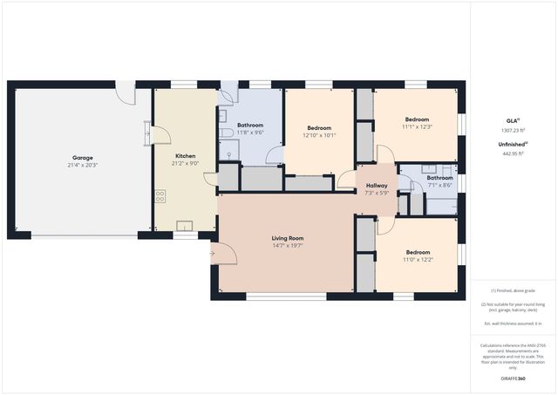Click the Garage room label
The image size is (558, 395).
(x=82, y=158)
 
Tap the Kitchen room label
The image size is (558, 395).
(x=184, y=155)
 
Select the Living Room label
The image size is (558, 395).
(x=285, y=238)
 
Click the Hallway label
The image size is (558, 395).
(x=376, y=185)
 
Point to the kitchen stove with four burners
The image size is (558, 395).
(x=160, y=196)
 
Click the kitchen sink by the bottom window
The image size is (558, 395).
(x=184, y=226)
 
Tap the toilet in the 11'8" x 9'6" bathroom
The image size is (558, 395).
(x=228, y=154)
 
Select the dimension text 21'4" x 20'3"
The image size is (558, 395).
(x=82, y=166)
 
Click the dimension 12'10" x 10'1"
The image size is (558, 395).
(x=319, y=135)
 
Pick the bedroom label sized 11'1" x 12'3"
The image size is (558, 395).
(x=416, y=119)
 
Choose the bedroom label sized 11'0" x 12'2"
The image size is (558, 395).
(x=416, y=253)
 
